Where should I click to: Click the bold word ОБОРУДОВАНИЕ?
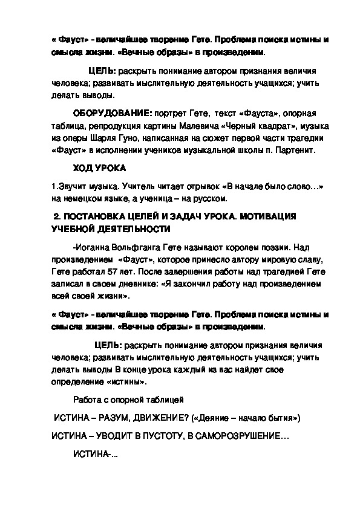[x=113, y=114]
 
